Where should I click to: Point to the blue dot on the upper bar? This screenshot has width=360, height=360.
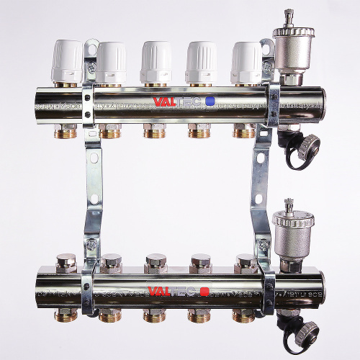coord(210,102)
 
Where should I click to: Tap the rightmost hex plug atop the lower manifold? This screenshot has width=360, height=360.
coord(244,261)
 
